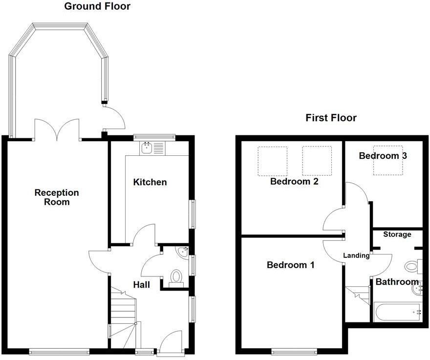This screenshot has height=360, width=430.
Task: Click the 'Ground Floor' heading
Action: (x=97, y=6)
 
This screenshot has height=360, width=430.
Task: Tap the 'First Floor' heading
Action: (x=331, y=118)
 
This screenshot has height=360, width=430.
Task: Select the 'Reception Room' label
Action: (x=56, y=197)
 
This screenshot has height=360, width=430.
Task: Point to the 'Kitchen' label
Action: (x=150, y=182)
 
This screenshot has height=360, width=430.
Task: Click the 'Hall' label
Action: (x=142, y=285)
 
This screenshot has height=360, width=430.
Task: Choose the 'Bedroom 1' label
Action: (x=290, y=265)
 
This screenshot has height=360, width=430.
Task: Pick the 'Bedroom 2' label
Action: (x=294, y=182)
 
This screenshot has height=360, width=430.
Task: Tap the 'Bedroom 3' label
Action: (x=383, y=156)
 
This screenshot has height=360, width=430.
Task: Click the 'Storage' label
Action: (x=397, y=234)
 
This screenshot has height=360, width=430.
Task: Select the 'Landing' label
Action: (x=356, y=255)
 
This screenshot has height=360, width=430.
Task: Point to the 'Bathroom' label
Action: (x=397, y=282)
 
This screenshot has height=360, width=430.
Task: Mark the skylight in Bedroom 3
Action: (x=388, y=160)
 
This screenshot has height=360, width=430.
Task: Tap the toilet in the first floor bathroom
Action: (x=411, y=267)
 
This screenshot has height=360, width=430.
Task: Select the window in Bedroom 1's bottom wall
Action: (x=294, y=351)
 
